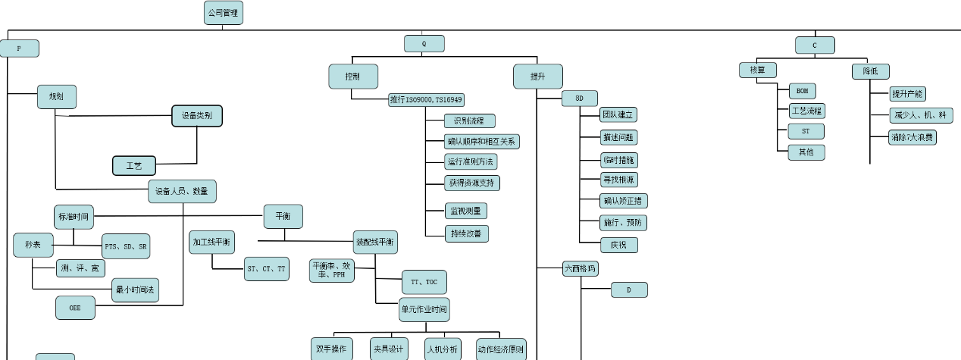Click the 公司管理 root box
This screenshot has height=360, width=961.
click(224, 13)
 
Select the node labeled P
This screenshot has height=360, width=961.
click(19, 49)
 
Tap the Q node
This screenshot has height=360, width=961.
click(424, 44)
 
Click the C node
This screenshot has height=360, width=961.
click(815, 45)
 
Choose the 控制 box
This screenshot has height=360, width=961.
click(352, 77)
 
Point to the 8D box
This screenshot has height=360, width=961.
click(579, 99)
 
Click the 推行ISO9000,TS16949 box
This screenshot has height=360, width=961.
click(426, 99)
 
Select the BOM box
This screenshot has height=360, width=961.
click(802, 91)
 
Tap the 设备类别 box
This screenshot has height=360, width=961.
click(196, 116)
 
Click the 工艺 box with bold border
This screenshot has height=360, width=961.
click(134, 165)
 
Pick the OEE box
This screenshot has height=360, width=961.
click(75, 308)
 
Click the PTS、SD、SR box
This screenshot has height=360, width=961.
click(126, 246)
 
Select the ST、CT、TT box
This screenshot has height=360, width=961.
click(267, 268)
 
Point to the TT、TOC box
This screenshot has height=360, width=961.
click(423, 282)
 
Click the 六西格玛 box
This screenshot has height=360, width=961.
click(581, 268)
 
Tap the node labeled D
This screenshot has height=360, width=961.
click(629, 290)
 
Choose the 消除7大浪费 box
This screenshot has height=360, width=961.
click(912, 138)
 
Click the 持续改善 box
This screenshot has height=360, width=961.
click(466, 233)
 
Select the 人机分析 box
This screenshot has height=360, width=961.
click(443, 349)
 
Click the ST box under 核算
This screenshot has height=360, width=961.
click(805, 131)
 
